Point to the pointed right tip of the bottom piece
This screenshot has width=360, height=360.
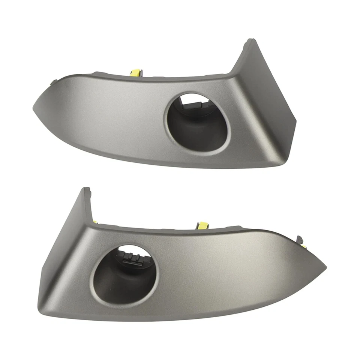tap(325, 267)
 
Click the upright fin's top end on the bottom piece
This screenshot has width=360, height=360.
tap(86, 189)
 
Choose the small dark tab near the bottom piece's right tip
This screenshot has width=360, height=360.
tap(300, 239)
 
